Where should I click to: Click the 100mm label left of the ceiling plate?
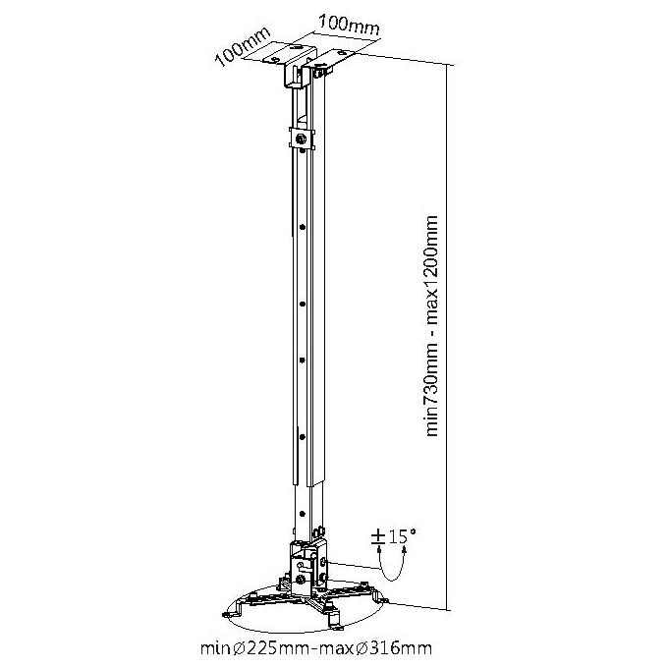(x=244, y=47)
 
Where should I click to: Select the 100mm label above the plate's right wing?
(x=349, y=25)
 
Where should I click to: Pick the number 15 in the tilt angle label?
(x=396, y=536)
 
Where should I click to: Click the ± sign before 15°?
(x=378, y=536)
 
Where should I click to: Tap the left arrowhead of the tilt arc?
(x=379, y=551)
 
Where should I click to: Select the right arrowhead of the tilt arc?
(x=405, y=551)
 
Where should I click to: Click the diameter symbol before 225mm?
(x=239, y=648)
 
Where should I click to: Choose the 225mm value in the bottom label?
(x=278, y=648)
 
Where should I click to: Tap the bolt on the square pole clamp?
(x=302, y=139)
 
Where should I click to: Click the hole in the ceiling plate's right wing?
(x=341, y=54)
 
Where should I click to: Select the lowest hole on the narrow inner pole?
(x=302, y=514)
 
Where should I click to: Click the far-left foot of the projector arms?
(x=231, y=613)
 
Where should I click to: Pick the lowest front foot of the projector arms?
(x=337, y=626)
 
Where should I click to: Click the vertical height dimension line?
(x=447, y=337)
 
